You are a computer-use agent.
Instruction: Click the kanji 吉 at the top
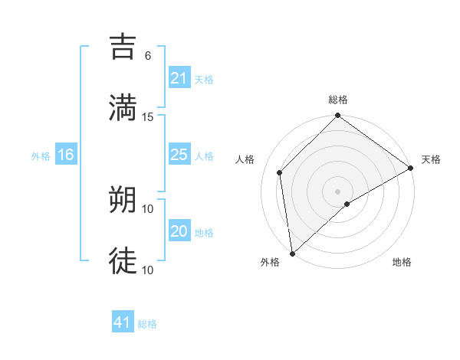[123, 46]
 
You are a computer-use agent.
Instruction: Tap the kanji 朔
[123, 199]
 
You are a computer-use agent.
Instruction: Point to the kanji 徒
[123, 260]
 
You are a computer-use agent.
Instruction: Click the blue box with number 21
[179, 78]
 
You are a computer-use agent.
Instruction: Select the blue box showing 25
[179, 155]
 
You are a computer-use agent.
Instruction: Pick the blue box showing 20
[179, 231]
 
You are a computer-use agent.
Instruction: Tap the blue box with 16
[66, 155]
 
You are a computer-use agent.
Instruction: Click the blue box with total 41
[123, 322]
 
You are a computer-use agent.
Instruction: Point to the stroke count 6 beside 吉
[148, 56]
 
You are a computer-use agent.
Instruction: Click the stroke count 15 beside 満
[148, 117]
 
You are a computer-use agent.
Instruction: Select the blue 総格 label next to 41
[147, 324]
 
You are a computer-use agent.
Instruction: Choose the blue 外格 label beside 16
[41, 155]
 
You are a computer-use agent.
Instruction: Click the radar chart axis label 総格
[338, 100]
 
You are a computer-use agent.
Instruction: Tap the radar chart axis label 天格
[431, 159]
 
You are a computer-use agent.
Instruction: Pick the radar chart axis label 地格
[402, 262]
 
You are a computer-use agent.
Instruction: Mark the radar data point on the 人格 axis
[280, 172]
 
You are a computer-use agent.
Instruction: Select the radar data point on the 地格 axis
[347, 204]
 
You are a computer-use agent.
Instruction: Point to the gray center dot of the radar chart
[338, 191]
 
